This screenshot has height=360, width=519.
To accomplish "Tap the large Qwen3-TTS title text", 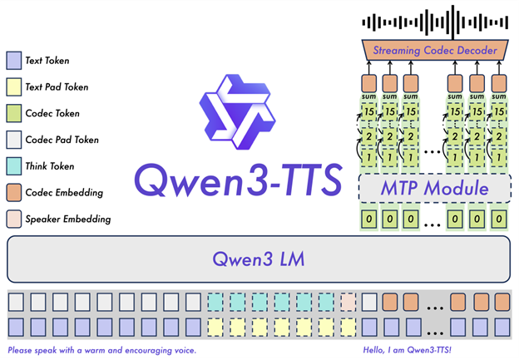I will (238, 178).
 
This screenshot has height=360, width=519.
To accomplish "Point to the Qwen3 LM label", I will (258, 259).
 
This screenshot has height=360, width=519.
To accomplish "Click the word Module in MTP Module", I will (456, 189).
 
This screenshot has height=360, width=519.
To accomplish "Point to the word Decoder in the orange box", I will (479, 51).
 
